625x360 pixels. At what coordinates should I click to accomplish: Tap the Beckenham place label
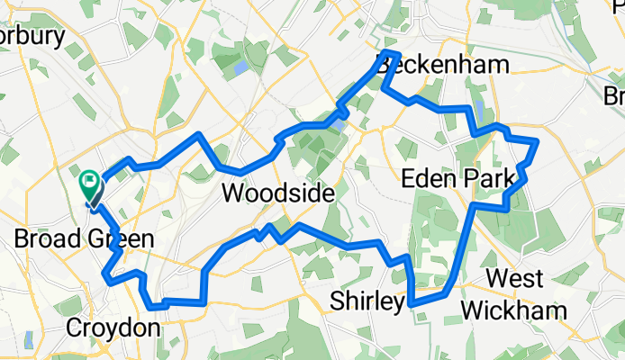coord(442,65)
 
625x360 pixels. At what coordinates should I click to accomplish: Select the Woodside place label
coord(277,193)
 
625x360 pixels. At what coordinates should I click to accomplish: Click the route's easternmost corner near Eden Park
coord(537,142)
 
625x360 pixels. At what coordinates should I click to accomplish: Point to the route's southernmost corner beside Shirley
coord(412,305)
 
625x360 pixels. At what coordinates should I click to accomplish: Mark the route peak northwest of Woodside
coord(199,135)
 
